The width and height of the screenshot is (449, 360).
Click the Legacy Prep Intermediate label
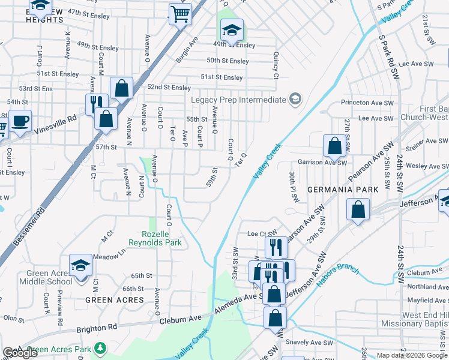tap(238, 100)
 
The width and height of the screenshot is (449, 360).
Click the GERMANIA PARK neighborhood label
tap(343, 190)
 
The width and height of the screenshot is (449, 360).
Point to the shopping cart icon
tap(180, 13)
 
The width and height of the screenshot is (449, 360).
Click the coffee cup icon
tap(20, 121)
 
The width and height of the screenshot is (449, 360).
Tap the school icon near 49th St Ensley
tap(232, 30)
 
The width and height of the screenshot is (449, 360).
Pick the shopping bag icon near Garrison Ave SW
tap(334, 146)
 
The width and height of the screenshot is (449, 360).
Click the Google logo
tap(20, 353)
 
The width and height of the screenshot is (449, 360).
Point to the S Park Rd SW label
tap(387, 57)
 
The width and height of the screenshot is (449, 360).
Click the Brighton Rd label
tap(96, 329)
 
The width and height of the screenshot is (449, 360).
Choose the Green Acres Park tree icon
tap(101, 348)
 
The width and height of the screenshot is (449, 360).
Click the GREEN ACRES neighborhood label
tap(114, 299)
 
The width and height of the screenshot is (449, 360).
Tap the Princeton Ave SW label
tap(364, 103)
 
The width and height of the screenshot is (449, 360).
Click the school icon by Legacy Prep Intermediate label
tap(295, 99)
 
